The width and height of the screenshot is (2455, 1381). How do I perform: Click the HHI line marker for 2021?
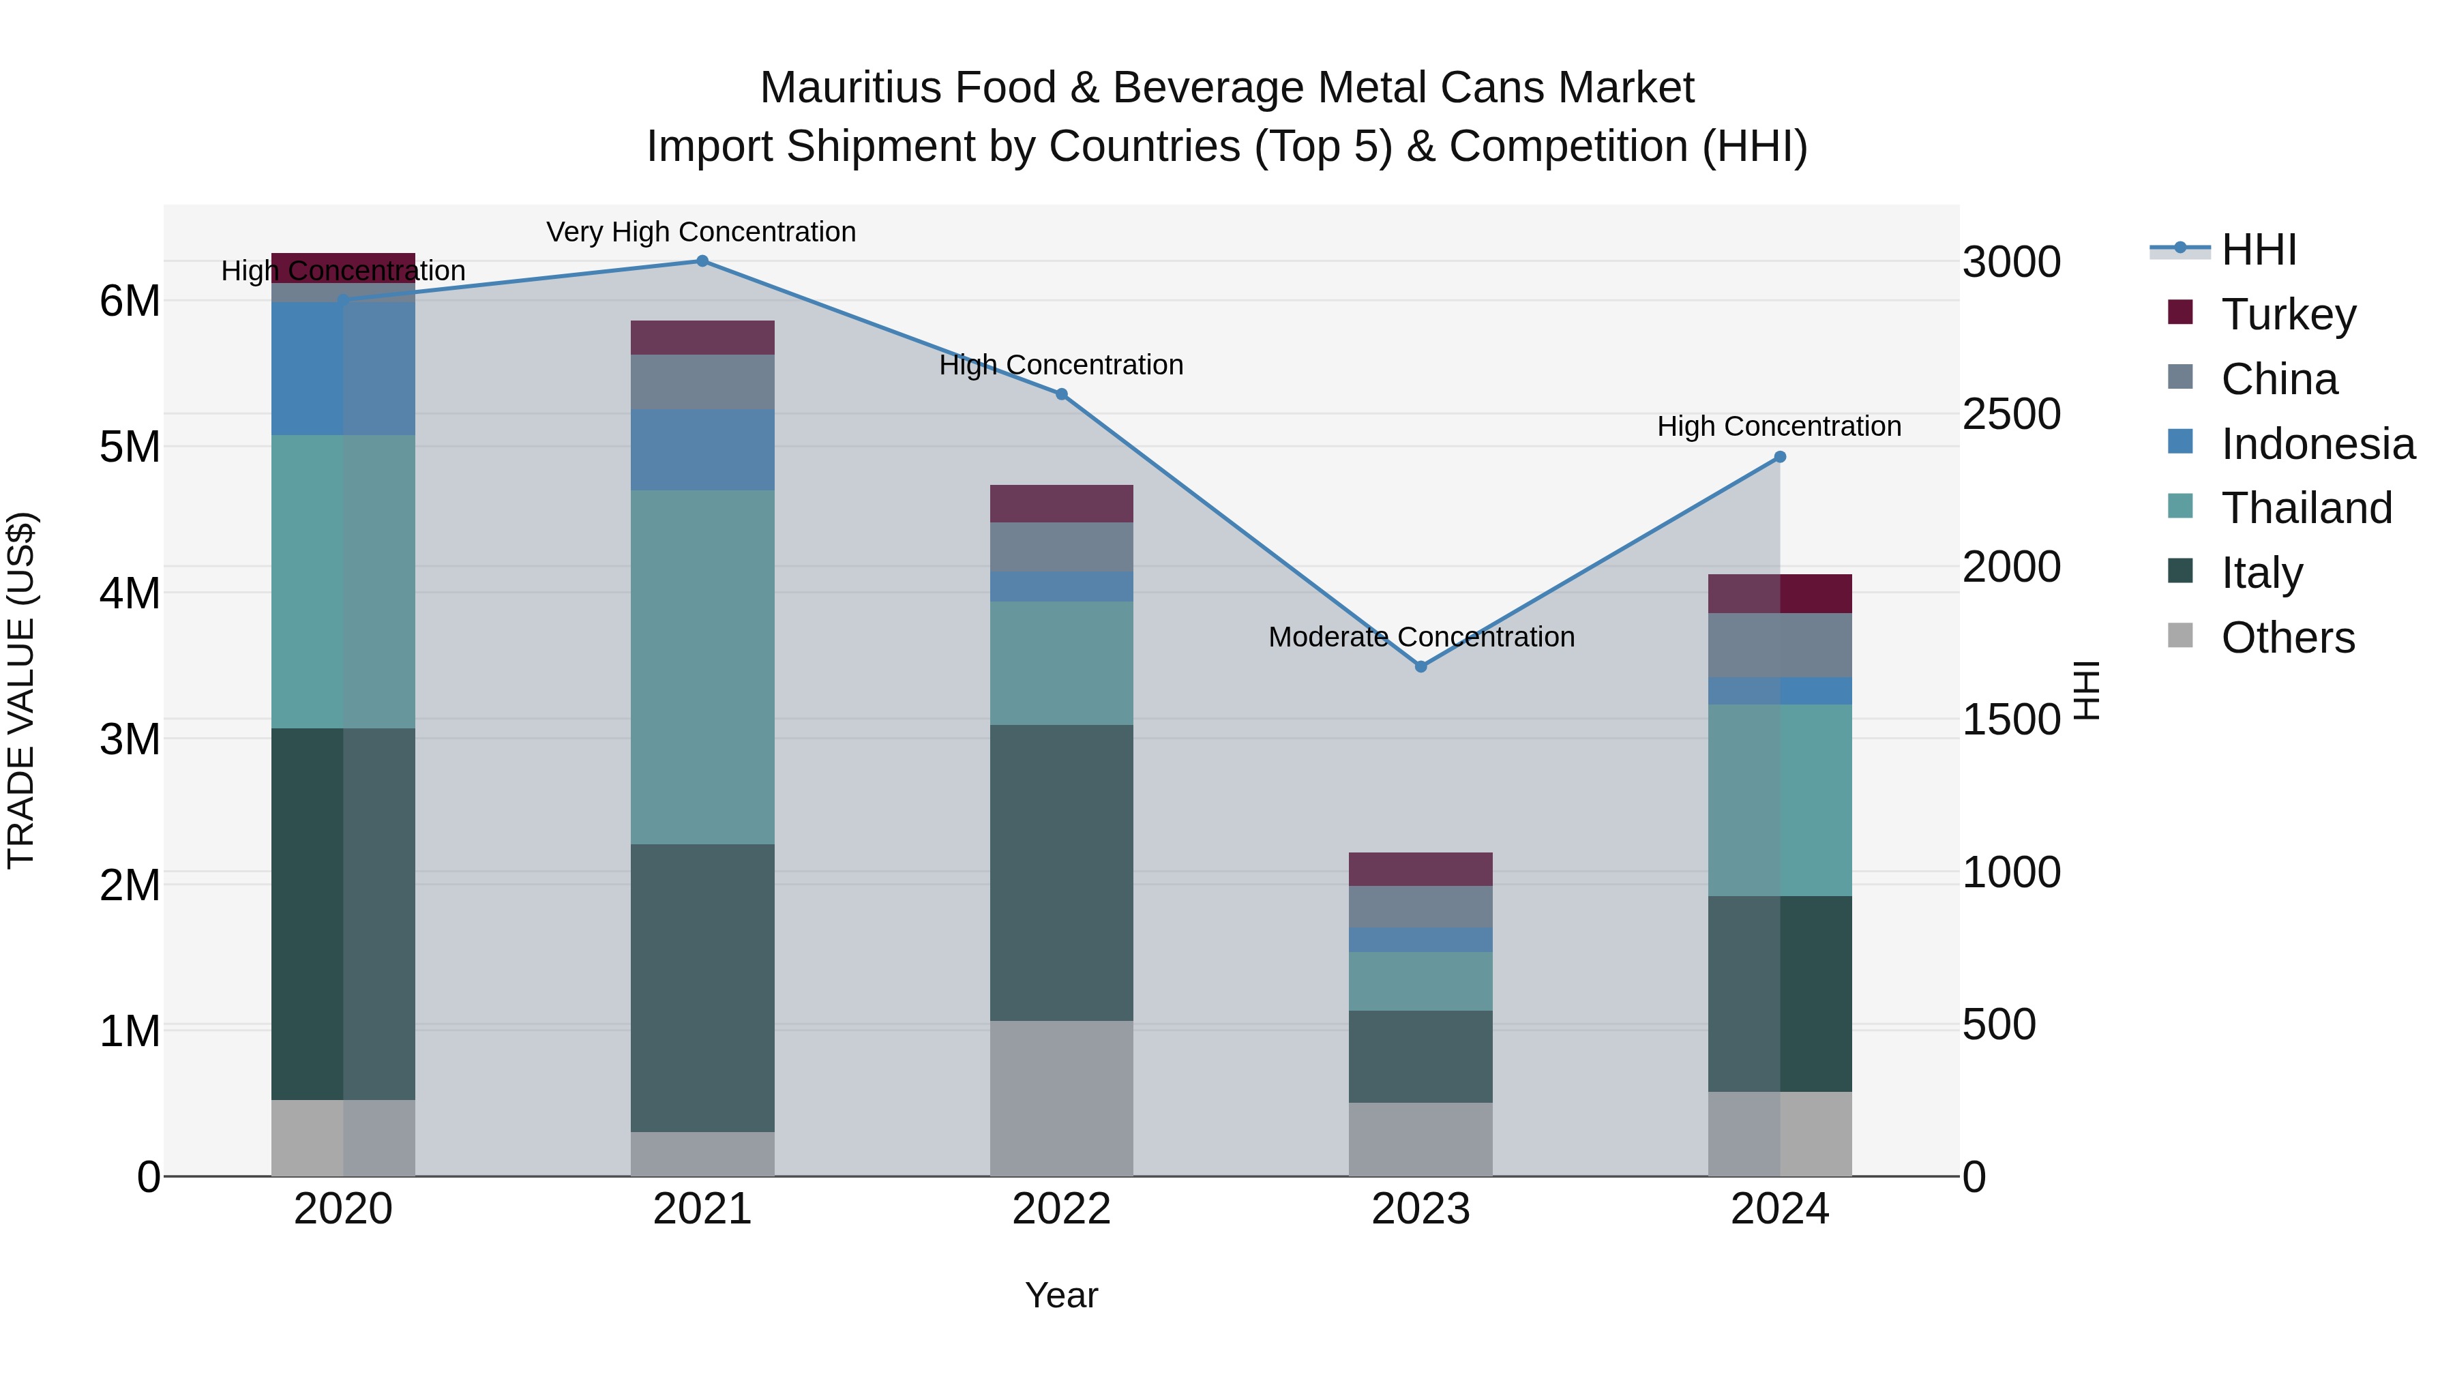702,261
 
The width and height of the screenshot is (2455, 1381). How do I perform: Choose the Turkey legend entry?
2287,314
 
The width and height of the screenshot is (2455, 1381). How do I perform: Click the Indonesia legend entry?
2317,444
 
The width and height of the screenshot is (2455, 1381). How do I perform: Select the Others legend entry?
2287,638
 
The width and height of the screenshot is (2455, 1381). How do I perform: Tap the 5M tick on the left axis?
130,446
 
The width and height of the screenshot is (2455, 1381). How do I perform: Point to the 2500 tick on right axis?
2011,414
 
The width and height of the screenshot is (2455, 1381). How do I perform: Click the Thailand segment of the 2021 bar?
702,667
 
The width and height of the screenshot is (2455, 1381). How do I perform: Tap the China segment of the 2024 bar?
1779,645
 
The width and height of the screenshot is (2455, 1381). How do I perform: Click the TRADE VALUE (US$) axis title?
21,690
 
